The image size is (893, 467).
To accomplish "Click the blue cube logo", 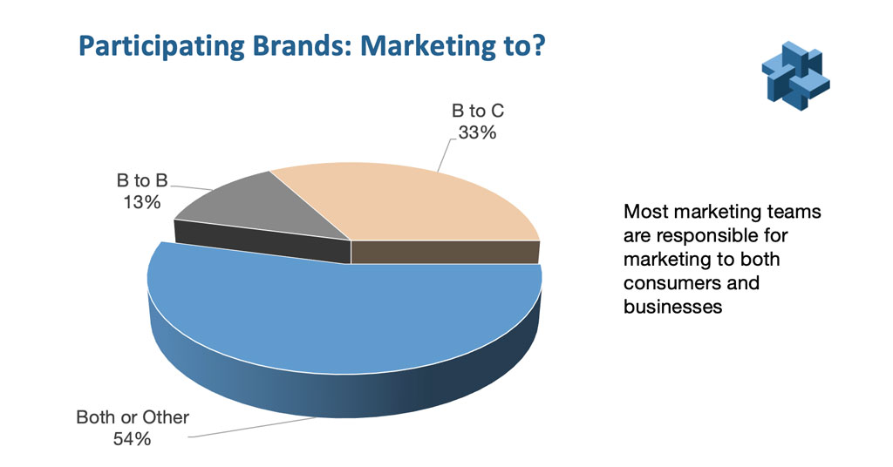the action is coord(795,76).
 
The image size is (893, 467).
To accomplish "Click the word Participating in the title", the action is coord(161,47).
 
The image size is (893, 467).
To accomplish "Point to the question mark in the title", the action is coord(537,45).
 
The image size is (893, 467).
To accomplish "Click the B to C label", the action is coord(477,111).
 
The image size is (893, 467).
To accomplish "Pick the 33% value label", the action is coord(477,132).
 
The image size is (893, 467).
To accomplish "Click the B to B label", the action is coord(142,180).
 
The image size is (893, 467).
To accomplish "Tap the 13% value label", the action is coord(142,202).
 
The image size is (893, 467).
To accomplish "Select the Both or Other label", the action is coord(133,417).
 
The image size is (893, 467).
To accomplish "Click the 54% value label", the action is coord(133,438).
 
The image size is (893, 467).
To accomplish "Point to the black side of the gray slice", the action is coord(262,241).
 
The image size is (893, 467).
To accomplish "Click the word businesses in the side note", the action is coord(672,307).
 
